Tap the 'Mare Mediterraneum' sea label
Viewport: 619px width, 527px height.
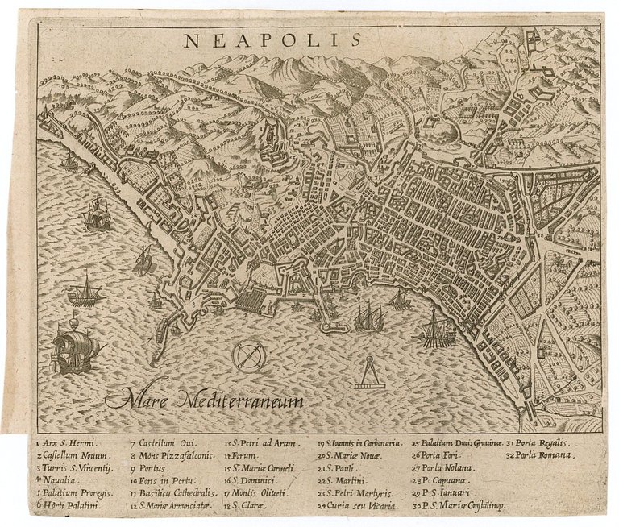point(203,399)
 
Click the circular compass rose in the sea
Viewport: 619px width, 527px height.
point(247,355)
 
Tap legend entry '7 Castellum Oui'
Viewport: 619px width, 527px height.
point(163,443)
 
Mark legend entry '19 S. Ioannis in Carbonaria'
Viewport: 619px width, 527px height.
point(359,443)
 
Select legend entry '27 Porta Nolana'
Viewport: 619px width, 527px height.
point(444,468)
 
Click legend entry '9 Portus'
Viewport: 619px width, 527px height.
point(148,468)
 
